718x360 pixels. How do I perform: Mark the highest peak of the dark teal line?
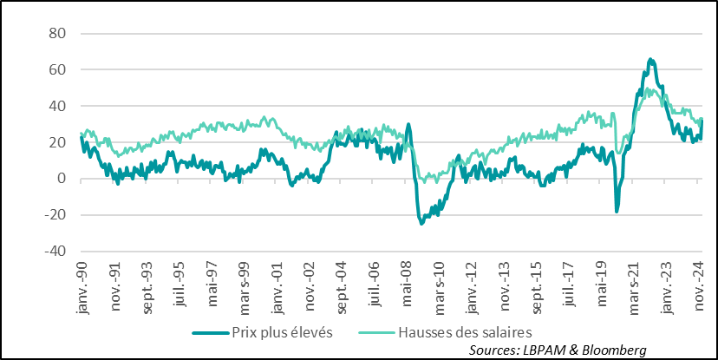tap(650, 59)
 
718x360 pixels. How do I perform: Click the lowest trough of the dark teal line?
tap(422, 224)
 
